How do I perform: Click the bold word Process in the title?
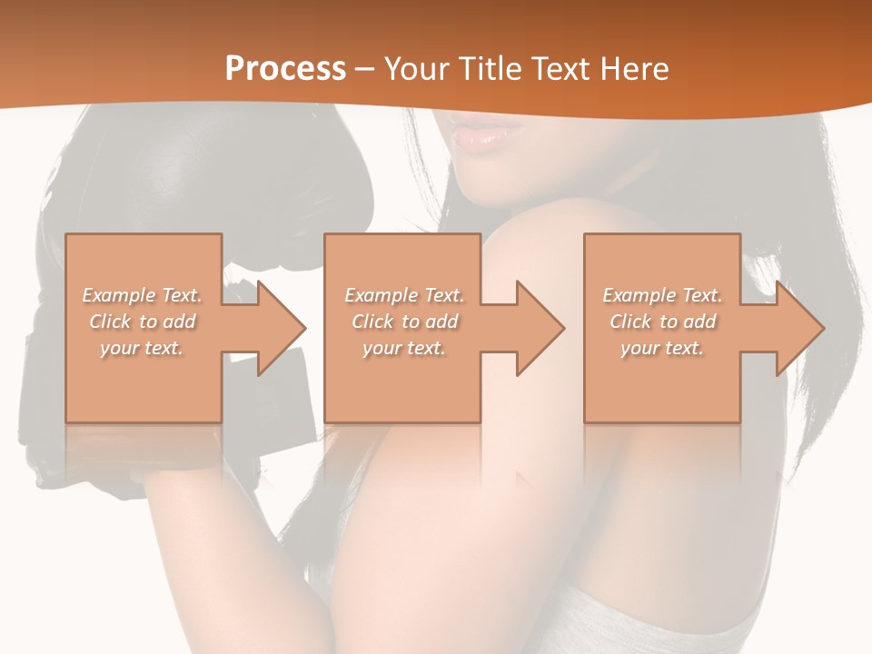[285, 69]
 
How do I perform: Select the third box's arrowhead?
[798, 328]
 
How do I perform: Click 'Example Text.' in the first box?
[143, 295]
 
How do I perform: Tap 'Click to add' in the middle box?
[404, 322]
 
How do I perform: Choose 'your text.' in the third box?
[662, 348]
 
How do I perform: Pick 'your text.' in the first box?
[143, 348]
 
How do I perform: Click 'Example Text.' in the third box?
[662, 295]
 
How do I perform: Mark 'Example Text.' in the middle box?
[404, 295]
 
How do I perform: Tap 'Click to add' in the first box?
[143, 322]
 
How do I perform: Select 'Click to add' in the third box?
[662, 322]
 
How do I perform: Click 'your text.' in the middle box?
[404, 348]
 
